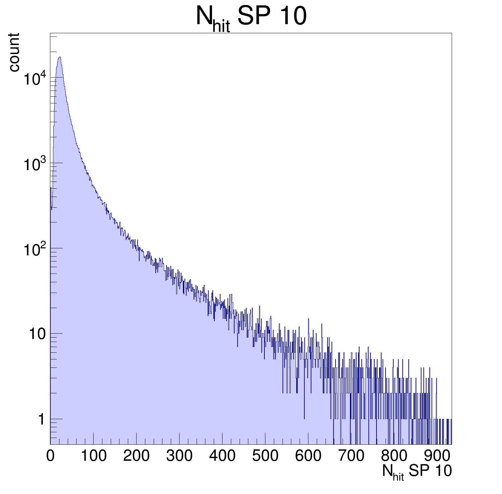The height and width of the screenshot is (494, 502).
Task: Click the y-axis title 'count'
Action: point(14,52)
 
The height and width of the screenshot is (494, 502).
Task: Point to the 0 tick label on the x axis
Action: point(50,456)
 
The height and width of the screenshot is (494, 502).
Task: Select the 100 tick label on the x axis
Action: point(94,456)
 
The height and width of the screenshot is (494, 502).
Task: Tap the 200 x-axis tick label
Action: point(136,456)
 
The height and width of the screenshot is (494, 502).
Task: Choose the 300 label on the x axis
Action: point(179,456)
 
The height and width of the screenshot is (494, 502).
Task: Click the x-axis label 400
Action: point(222,456)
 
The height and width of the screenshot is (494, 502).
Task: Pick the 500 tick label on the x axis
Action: point(265,456)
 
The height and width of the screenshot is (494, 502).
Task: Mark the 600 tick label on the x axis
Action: point(308,456)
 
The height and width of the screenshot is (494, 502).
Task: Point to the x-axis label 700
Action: point(351,456)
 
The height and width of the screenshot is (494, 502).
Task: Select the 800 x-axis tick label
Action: point(394,456)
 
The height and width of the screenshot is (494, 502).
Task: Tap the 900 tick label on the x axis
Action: point(437,456)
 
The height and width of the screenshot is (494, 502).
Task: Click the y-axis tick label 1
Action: point(41,419)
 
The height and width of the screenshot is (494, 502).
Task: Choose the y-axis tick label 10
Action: point(37,334)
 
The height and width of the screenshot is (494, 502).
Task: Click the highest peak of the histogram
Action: point(59,57)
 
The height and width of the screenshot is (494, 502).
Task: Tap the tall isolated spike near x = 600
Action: point(308,319)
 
